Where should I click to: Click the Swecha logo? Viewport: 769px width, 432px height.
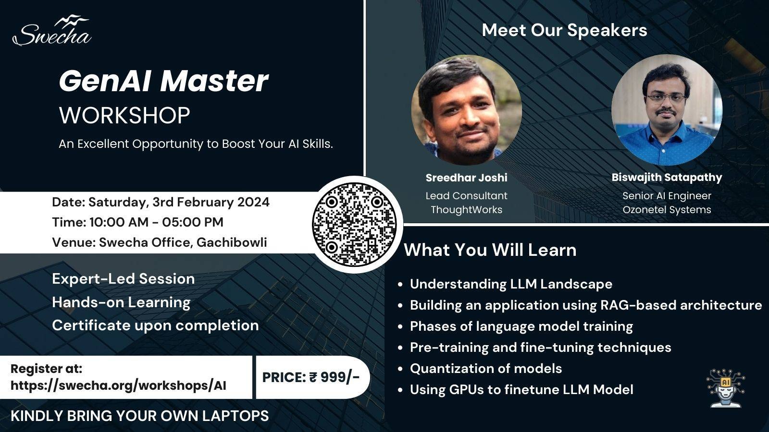[52, 32]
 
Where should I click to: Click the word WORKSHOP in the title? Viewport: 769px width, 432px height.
[124, 116]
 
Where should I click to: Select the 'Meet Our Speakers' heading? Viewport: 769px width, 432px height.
[564, 30]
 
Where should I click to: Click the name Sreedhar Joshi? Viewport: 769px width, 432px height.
[466, 178]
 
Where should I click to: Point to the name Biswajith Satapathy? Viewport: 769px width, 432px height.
[667, 177]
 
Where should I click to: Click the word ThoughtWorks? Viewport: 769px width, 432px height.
[466, 210]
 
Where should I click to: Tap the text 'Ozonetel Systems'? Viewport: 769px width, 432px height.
[667, 210]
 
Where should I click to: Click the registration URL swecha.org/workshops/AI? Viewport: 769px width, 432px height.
[118, 385]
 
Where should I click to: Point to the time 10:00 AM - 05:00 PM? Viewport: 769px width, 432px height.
[156, 222]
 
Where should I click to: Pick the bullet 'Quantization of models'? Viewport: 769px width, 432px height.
[485, 369]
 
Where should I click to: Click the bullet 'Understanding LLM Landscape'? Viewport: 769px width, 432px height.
[511, 284]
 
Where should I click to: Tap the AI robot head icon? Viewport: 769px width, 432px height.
[726, 388]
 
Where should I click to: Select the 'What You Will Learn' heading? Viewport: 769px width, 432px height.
[490, 250]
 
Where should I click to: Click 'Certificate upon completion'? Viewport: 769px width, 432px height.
[155, 325]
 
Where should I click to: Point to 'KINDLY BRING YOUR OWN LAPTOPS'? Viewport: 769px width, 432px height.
[139, 416]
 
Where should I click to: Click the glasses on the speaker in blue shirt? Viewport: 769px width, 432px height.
[666, 97]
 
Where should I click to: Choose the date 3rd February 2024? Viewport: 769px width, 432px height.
[211, 202]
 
